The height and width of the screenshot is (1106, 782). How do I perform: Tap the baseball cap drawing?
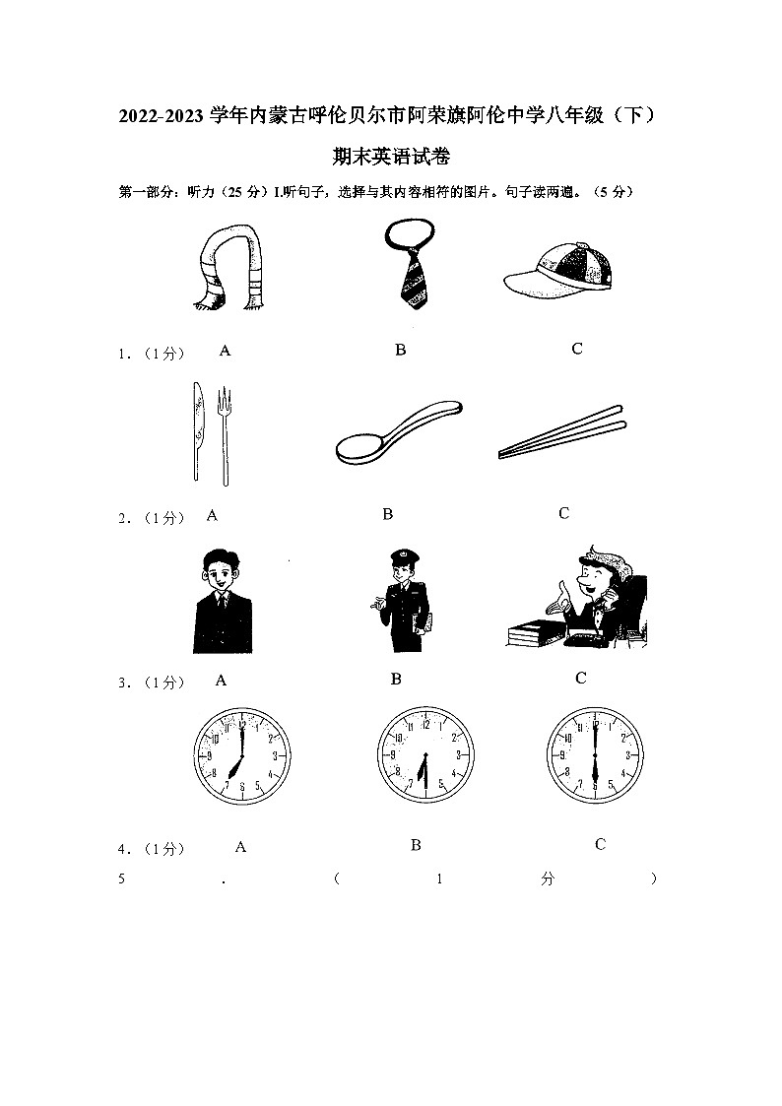click(557, 268)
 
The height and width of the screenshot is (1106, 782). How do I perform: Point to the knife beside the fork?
click(197, 432)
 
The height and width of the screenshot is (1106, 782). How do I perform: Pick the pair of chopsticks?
click(562, 431)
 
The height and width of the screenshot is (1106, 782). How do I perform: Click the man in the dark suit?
click(223, 600)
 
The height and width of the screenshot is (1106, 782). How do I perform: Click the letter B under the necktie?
click(400, 350)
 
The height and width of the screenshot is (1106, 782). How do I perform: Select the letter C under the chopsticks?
click(563, 513)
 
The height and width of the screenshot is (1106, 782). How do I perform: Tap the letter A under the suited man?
click(221, 680)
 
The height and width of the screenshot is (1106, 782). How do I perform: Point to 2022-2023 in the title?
click(163, 116)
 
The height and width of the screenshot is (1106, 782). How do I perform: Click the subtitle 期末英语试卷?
click(391, 156)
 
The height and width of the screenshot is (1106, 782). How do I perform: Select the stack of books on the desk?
click(537, 633)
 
